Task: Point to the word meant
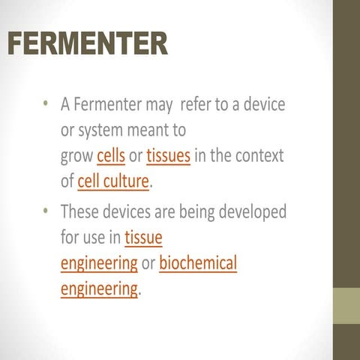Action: pyautogui.click(x=163, y=130)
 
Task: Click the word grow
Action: pyautogui.click(x=76, y=157)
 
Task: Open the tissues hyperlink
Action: pyautogui.click(x=168, y=157)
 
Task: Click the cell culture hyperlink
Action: pyautogui.click(x=113, y=182)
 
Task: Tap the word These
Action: pyautogui.click(x=81, y=211)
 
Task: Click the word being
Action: pyautogui.click(x=187, y=211)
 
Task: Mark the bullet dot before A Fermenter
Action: pyautogui.click(x=46, y=104)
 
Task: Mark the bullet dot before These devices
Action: pyautogui.click(x=46, y=212)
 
